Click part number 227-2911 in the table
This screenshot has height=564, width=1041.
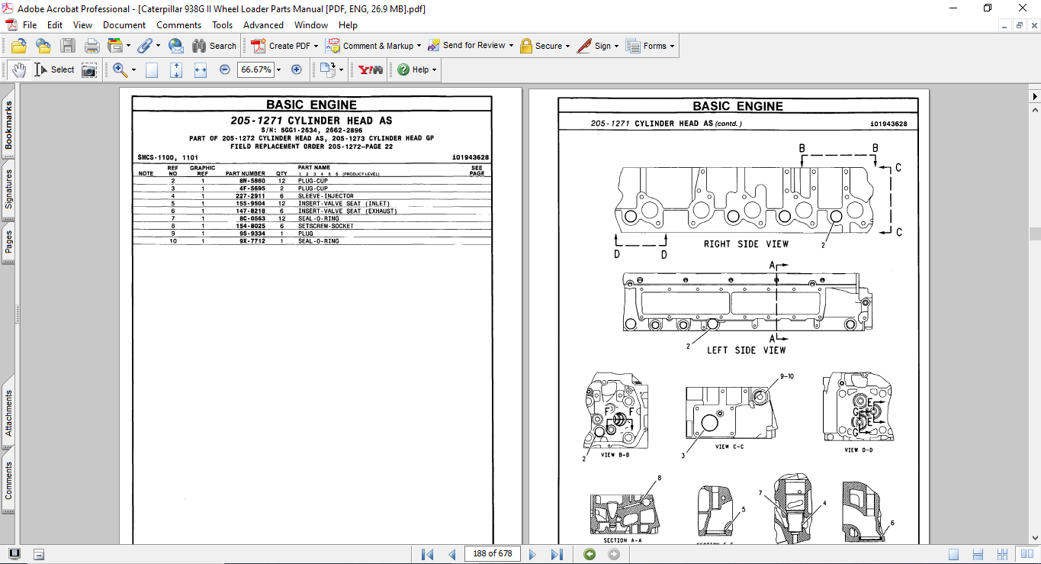click(252, 196)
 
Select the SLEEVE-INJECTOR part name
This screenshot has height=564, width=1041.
click(326, 196)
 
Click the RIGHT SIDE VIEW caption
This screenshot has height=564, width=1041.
click(746, 244)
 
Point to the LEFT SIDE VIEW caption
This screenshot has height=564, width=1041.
click(746, 350)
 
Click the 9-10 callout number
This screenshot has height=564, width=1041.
click(786, 376)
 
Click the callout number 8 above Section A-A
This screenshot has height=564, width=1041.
click(660, 479)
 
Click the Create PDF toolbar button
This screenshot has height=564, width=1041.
click(283, 46)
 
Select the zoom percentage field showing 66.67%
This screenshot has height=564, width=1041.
click(255, 69)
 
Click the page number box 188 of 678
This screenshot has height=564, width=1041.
click(492, 553)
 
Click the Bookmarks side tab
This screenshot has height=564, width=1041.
click(9, 126)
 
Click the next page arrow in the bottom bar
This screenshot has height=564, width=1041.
click(532, 554)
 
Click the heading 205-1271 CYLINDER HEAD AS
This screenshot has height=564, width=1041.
click(311, 121)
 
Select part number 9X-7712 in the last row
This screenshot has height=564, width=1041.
click(252, 241)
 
